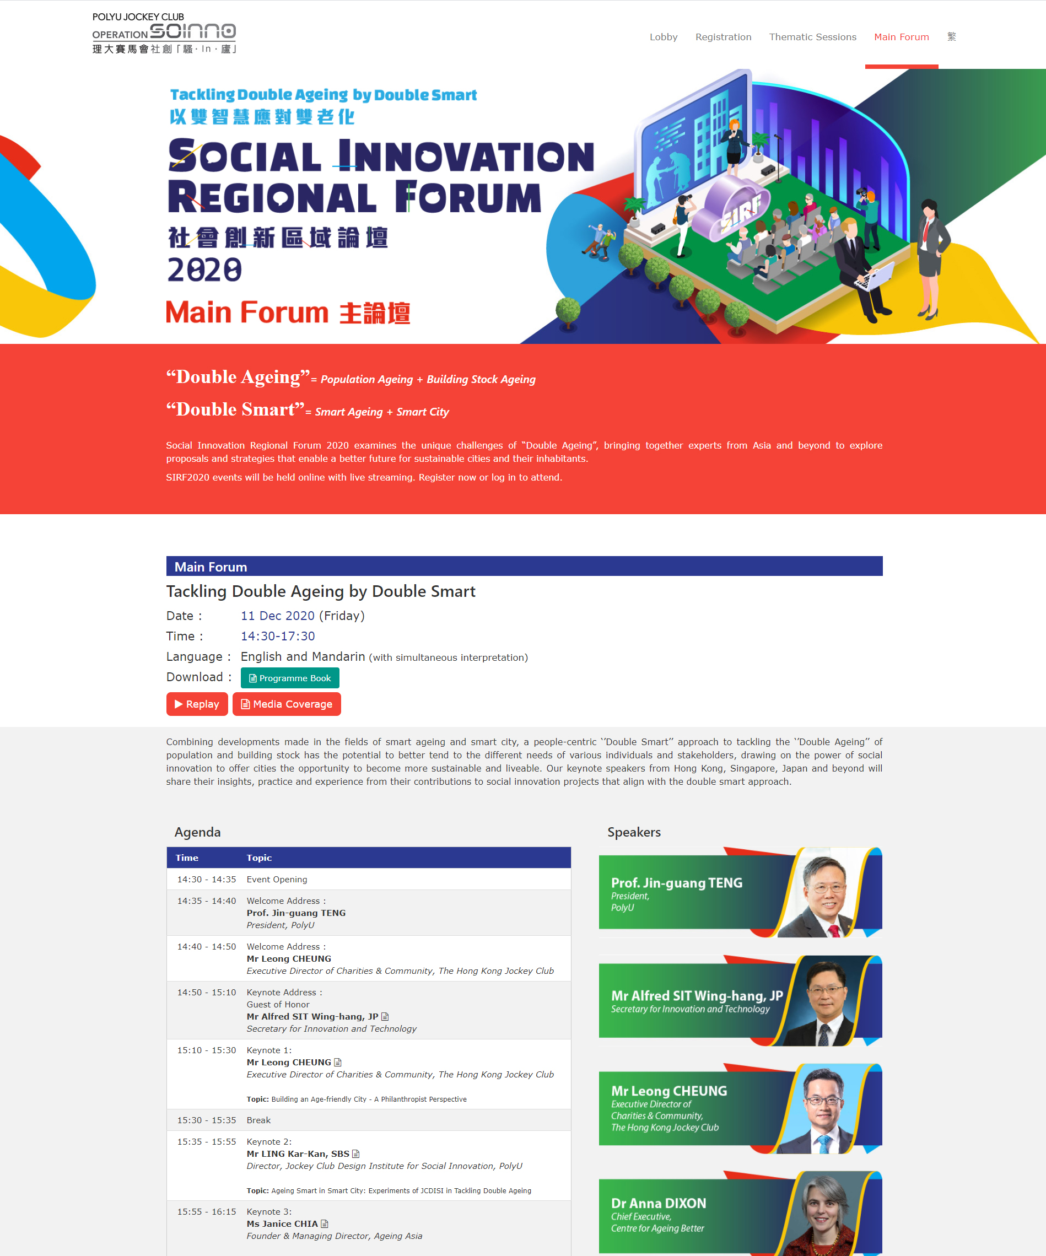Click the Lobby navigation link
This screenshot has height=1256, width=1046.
click(x=663, y=37)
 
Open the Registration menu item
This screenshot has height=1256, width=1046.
click(x=723, y=37)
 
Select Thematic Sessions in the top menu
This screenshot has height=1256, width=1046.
click(x=812, y=37)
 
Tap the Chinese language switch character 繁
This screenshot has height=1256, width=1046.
click(x=952, y=37)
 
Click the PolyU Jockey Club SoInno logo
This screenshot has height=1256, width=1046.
click(x=164, y=33)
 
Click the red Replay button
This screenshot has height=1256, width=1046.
click(x=197, y=704)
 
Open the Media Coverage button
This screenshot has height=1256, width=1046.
click(x=287, y=704)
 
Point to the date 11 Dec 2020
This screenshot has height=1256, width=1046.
click(x=278, y=616)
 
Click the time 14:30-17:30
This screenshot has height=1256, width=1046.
click(x=278, y=636)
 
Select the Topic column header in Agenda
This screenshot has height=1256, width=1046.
click(x=259, y=858)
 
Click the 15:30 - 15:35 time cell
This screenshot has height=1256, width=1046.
click(x=206, y=1120)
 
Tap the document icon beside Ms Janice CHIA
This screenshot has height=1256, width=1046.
click(x=325, y=1223)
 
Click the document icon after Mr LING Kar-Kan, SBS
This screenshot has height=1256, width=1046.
click(x=356, y=1153)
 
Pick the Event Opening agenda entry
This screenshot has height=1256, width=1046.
click(x=277, y=879)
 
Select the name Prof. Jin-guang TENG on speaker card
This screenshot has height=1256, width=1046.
click(x=676, y=883)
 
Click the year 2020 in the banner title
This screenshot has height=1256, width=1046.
click(x=204, y=269)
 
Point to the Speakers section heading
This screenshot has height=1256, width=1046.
click(x=634, y=832)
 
